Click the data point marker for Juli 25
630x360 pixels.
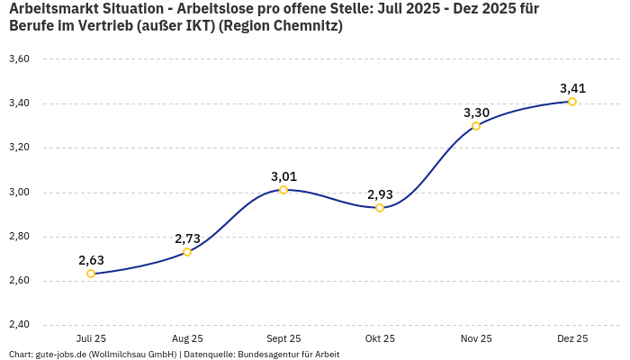coord(91,274)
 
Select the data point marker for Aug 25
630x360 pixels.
coord(187,252)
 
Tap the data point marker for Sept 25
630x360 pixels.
coord(283,190)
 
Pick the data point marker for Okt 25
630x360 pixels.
coord(380,208)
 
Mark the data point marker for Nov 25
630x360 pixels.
coord(476,126)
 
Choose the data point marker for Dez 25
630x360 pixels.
coord(572,102)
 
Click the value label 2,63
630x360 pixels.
coord(91,260)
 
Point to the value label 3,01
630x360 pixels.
coord(283,176)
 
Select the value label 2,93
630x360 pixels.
coord(380,194)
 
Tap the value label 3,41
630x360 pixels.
coord(572,88)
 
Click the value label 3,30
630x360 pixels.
coord(476,112)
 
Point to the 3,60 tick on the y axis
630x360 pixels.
coord(19,58)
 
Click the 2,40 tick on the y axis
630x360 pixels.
coord(19,325)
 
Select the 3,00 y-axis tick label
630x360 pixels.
coord(19,192)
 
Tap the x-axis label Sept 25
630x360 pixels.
coord(283,338)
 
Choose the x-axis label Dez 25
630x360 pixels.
coord(572,338)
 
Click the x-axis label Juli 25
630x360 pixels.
coord(91,338)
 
